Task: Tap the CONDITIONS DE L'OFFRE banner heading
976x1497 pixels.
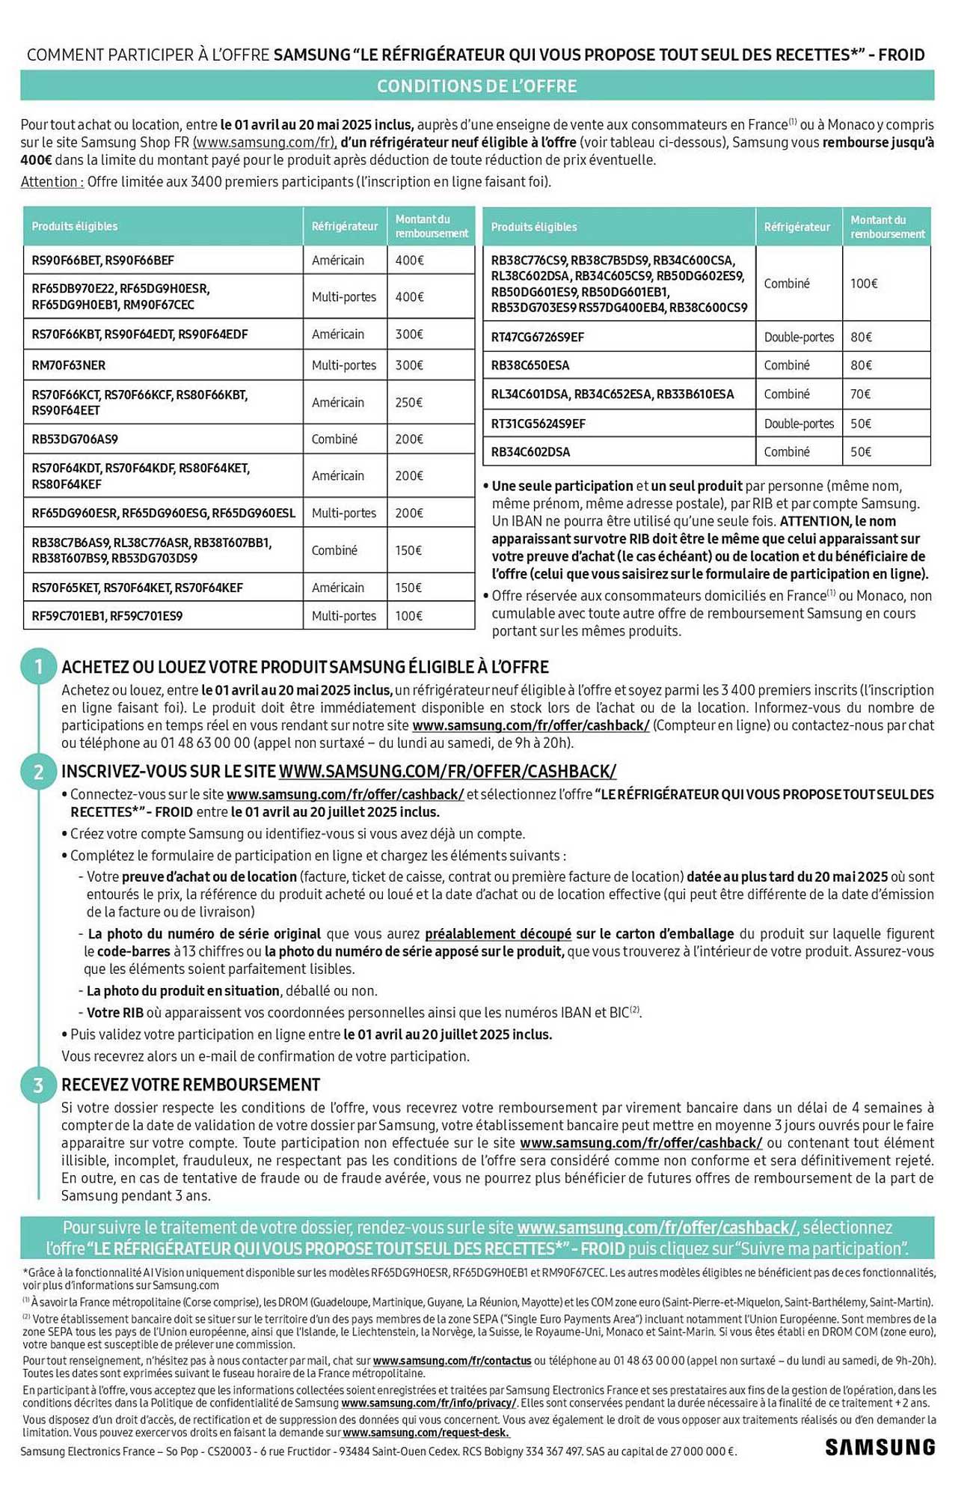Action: point(476,86)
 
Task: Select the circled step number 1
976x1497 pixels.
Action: point(38,665)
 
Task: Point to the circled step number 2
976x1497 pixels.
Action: point(38,771)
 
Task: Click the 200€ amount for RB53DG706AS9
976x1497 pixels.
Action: point(409,439)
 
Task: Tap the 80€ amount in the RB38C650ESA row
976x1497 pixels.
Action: point(862,365)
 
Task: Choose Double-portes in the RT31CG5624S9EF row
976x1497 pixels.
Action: point(799,424)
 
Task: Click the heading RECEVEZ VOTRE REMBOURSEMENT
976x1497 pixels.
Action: point(191,1085)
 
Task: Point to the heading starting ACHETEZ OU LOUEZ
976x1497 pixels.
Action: point(305,667)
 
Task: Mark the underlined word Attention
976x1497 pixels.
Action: point(51,182)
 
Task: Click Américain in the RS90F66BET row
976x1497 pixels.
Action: point(338,260)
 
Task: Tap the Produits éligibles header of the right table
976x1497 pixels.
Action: point(533,227)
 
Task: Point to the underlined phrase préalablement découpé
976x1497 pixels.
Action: point(498,934)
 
